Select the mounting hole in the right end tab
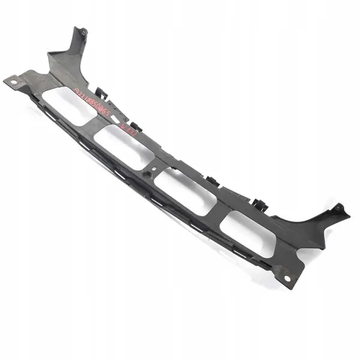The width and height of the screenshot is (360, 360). (x=287, y=278)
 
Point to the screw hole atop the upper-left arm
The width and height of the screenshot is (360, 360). (x=83, y=32)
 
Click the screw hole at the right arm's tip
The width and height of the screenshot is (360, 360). (x=338, y=208)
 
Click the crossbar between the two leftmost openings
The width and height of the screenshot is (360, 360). (x=96, y=127)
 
